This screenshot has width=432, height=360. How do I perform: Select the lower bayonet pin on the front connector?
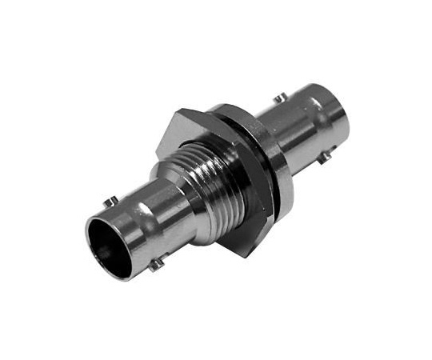click(x=158, y=262)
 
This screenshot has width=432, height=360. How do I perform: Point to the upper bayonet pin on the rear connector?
click(x=278, y=99)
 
